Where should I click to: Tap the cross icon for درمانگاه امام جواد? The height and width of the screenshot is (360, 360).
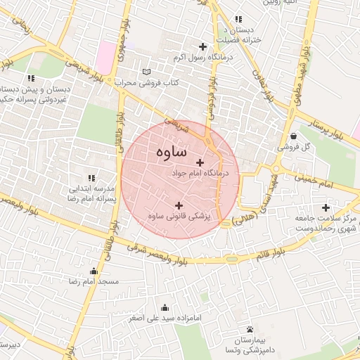click(200, 162)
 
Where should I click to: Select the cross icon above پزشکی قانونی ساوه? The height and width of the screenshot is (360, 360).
click(179, 205)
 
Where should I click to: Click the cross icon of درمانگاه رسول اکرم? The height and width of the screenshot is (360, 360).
click(203, 46)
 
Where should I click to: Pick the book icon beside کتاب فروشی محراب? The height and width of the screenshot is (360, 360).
click(146, 72)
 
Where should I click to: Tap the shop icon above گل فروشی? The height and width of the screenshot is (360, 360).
click(292, 136)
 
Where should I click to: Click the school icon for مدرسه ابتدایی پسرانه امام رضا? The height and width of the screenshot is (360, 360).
click(90, 178)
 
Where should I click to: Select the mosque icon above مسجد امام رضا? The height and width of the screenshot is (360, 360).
click(94, 271)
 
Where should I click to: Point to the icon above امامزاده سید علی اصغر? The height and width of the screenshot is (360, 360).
click(165, 307)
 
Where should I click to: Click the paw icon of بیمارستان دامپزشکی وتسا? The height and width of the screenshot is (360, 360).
click(250, 329)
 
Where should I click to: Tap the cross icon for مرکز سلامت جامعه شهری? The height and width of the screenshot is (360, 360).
click(325, 207)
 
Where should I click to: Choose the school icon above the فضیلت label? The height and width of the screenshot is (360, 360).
click(239, 19)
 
